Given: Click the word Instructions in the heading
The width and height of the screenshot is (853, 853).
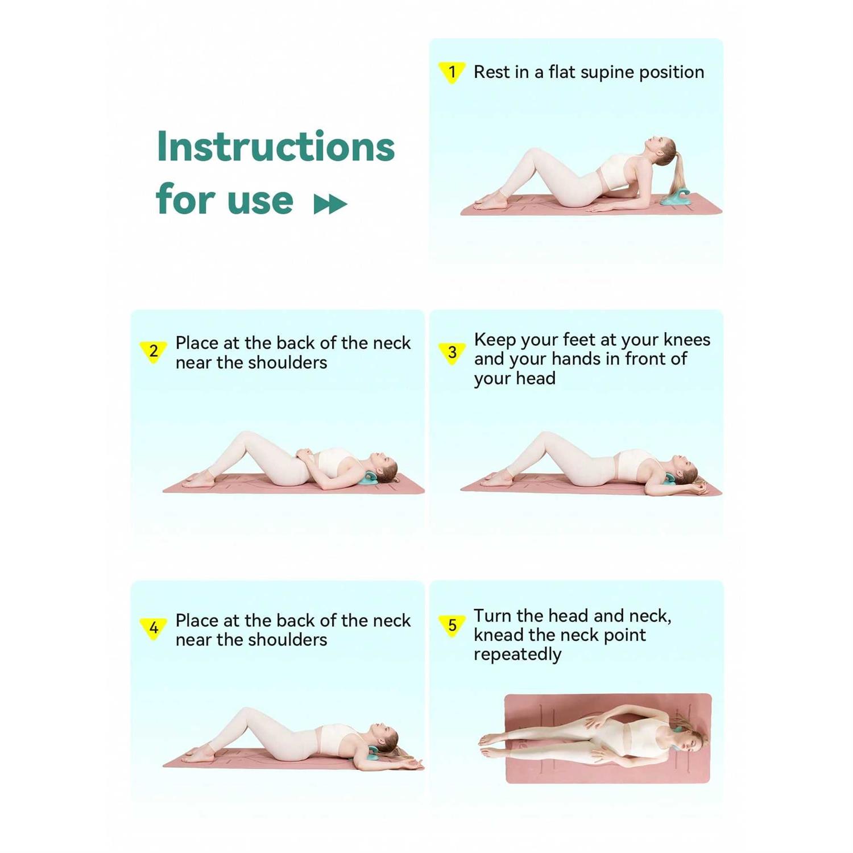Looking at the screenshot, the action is point(276,146).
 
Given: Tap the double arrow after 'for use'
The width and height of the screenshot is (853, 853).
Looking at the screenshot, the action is point(330,204).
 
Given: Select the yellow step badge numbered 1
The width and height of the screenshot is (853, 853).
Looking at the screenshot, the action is point(452,72).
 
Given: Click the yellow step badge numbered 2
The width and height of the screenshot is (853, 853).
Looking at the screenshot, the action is point(154,352).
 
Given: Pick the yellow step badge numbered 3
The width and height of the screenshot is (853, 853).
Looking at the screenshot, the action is point(452,354).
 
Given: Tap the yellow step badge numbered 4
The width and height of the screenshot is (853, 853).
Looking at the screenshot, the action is point(154,628).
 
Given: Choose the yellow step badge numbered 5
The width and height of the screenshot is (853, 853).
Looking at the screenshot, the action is point(452,626).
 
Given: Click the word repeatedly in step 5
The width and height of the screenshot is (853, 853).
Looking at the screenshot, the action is point(517,655).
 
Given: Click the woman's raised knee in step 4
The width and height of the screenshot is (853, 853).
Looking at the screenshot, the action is point(249,713).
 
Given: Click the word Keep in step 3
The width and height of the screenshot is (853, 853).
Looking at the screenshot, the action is point(494,340).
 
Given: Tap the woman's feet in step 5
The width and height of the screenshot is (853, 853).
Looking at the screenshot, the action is point(492,746).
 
